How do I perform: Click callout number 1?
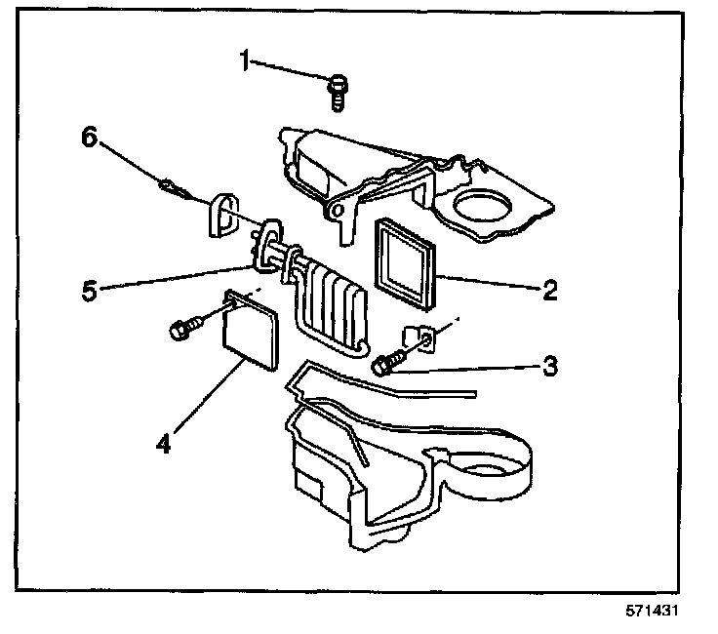click(x=247, y=62)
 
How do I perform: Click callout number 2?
click(x=550, y=289)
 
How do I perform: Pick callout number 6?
click(x=88, y=139)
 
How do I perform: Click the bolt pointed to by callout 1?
click(x=337, y=91)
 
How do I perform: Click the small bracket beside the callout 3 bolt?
click(x=423, y=337)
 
